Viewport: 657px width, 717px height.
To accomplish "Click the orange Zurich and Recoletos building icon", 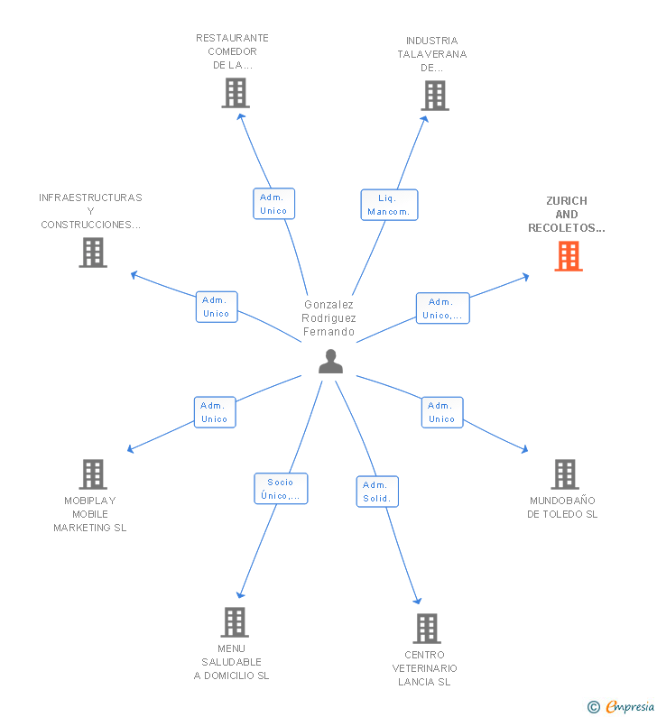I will coord(568,256).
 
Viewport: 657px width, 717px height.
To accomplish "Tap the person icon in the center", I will coord(331,361).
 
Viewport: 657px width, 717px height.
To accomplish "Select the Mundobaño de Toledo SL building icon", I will coord(564,473).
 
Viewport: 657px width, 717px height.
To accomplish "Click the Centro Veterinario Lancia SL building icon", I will coord(426,628).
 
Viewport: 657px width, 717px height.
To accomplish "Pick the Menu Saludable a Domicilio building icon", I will coord(235,621).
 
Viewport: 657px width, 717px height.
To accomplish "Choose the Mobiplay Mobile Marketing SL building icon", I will coord(92,473).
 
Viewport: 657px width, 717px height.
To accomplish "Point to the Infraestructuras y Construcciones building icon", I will coord(93,253).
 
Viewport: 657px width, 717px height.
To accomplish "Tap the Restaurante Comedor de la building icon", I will coord(235,93).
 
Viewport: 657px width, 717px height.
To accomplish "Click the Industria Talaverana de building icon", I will coord(434,96).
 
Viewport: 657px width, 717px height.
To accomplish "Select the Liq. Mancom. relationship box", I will coord(389,205).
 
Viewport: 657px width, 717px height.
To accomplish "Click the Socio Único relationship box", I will coord(281,489).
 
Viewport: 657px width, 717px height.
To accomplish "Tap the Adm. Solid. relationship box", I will coord(376,492).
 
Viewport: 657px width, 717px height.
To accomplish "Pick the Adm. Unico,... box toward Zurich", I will coord(442,308).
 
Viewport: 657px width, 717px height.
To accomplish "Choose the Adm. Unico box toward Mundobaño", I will coord(441,412).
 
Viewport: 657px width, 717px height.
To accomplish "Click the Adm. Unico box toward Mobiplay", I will coord(215,412).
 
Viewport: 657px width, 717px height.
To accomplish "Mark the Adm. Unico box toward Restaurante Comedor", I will coord(273,204).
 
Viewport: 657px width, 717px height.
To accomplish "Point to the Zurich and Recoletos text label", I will coord(567,215).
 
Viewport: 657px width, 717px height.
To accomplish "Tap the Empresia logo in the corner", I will coord(623,706).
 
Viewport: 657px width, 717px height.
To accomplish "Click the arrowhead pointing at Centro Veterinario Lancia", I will coord(418,601).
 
